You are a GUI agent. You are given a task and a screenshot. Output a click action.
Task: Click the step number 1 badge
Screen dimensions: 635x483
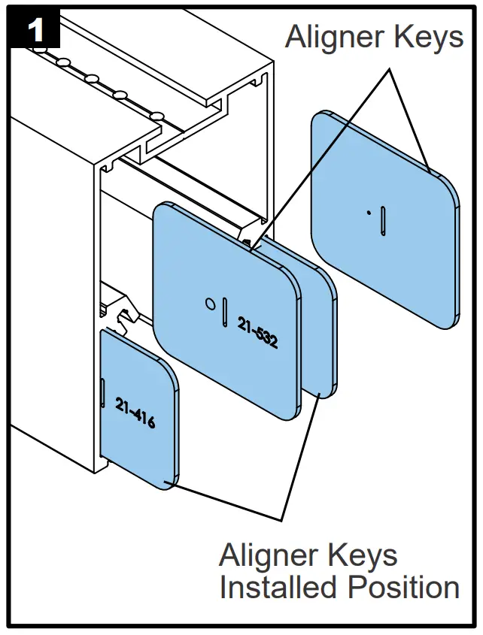(34, 31)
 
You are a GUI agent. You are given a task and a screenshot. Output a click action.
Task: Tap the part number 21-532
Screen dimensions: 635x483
(258, 331)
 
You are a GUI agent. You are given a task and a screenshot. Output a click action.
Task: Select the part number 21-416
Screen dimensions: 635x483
(135, 413)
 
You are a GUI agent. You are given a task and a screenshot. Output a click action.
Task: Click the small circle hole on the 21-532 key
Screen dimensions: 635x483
(211, 304)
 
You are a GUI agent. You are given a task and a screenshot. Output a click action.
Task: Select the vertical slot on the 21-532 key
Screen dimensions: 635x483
(225, 311)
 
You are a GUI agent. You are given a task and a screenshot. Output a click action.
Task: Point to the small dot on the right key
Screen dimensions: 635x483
(368, 213)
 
